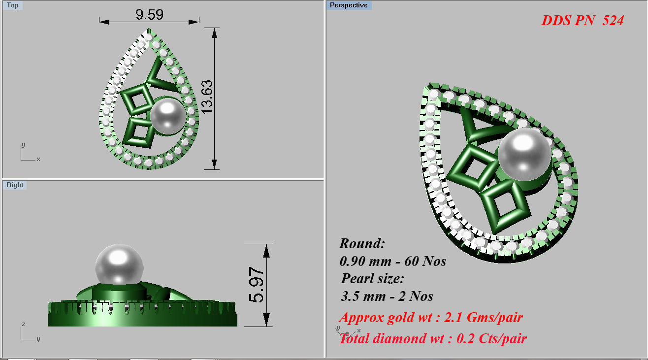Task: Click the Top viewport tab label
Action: [x=13, y=5]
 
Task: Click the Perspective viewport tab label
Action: [x=349, y=5]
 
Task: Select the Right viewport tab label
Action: [x=15, y=185]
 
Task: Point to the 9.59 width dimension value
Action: [x=149, y=14]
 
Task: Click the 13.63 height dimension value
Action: [x=207, y=97]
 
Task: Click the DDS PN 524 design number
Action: [x=583, y=21]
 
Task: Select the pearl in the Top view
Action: [x=168, y=115]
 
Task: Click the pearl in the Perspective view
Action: [x=524, y=152]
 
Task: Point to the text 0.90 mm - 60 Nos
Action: [x=392, y=261]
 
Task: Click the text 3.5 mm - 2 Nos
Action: [x=387, y=296]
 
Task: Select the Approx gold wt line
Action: [x=430, y=317]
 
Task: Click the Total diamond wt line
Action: [x=433, y=338]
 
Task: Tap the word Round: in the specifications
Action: [x=362, y=243]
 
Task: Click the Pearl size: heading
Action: [x=372, y=278]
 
